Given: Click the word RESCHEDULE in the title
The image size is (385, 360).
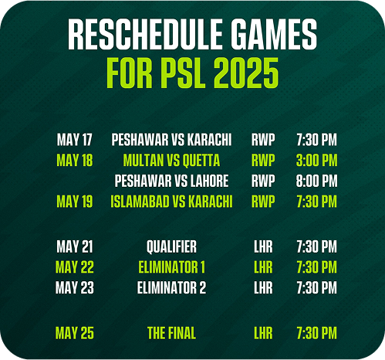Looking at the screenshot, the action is (145, 34).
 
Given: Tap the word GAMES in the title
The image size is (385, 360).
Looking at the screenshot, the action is (274, 34).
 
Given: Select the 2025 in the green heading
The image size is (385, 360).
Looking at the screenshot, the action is (246, 73).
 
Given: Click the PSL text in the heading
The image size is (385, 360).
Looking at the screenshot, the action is (183, 73).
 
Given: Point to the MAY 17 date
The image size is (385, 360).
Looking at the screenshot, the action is (75, 140).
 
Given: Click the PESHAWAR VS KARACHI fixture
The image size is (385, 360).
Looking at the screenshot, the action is (171, 140).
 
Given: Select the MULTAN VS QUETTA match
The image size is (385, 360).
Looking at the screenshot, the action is (171, 160).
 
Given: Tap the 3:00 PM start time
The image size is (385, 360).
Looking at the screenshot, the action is (316, 160).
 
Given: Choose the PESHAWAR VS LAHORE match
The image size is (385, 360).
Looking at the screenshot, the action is (171, 181).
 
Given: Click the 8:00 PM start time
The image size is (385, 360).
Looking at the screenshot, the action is (316, 181).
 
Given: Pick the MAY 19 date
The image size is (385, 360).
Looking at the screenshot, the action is (75, 201).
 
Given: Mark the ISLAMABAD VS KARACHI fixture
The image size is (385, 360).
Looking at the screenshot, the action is (171, 201).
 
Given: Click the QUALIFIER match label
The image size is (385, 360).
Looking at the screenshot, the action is (171, 246).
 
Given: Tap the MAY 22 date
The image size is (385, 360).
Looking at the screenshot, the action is (75, 267).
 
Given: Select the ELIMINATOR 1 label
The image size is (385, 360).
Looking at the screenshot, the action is (171, 267).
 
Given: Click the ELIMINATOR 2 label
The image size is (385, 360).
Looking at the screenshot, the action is (171, 287).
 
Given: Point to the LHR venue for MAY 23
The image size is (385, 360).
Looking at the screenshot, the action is (263, 287).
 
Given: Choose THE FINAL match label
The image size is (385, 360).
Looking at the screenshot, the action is (171, 333).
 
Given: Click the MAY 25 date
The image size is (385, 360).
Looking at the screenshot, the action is (75, 333).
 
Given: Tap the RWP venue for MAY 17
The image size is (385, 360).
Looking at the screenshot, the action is (263, 140).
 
